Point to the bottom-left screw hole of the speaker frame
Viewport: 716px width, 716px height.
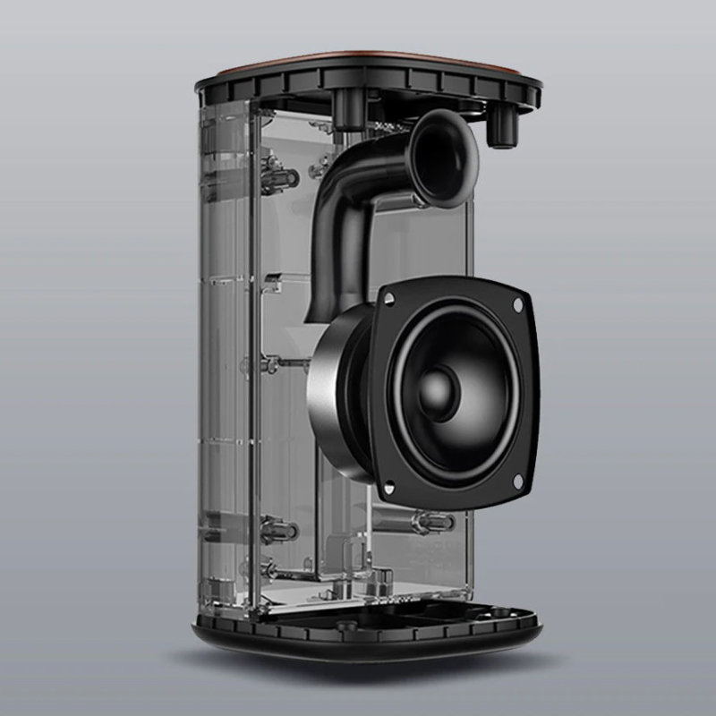(388, 488)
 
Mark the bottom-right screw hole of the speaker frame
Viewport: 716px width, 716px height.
(516, 484)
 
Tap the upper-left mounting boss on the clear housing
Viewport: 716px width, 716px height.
(280, 176)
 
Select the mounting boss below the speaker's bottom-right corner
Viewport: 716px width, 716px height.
(428, 522)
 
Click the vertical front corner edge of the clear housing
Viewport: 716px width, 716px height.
(253, 358)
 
